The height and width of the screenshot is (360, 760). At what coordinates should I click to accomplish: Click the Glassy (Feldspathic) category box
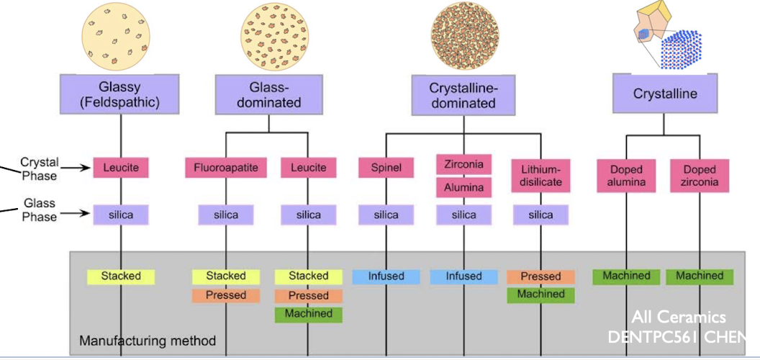click(120, 94)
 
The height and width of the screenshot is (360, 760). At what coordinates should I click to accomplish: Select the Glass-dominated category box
click(268, 94)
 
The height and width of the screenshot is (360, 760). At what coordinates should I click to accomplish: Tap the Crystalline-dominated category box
click(463, 95)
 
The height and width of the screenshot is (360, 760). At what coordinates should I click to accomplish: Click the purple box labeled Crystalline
click(664, 94)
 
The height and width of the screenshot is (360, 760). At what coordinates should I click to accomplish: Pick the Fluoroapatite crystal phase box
click(226, 168)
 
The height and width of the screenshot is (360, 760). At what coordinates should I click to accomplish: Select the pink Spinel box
click(386, 168)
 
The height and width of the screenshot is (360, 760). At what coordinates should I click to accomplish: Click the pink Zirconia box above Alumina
click(464, 163)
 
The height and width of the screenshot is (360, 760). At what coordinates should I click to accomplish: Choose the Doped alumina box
click(625, 176)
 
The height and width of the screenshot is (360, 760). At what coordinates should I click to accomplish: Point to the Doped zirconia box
click(700, 176)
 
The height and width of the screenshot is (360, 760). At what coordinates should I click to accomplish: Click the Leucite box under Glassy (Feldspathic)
click(120, 168)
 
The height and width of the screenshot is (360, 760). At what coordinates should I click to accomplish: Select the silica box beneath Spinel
click(386, 215)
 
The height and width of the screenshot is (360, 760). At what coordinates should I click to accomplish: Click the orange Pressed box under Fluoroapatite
click(226, 295)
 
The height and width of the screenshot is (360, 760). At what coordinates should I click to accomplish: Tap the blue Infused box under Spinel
click(386, 276)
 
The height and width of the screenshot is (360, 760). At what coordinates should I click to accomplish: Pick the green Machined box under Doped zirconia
click(700, 276)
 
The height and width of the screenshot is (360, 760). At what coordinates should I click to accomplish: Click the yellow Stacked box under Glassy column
click(120, 276)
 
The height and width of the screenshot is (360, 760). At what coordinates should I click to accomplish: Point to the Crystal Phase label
click(39, 169)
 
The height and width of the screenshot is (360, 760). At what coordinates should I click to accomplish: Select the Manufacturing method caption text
click(147, 341)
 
